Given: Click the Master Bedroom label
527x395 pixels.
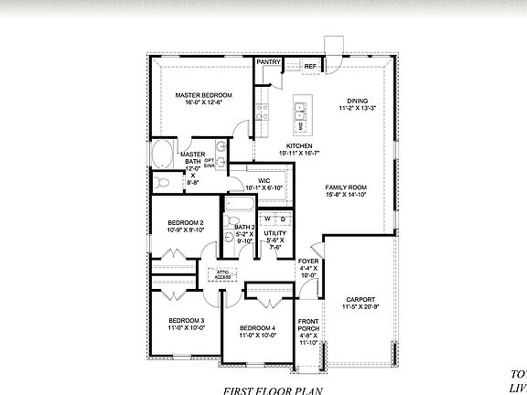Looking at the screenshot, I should tap(203, 95).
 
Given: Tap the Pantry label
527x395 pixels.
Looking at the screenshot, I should tap(268, 61).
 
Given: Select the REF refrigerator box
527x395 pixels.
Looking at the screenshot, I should tap(310, 67).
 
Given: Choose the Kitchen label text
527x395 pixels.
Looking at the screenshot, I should tap(299, 146).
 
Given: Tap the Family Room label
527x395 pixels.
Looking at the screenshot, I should tap(346, 187).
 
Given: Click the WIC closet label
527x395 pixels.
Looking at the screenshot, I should tap(263, 181).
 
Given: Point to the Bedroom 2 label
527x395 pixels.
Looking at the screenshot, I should tap(185, 222).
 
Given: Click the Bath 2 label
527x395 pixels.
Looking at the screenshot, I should tap(243, 227).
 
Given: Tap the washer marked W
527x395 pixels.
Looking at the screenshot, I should tap(268, 219).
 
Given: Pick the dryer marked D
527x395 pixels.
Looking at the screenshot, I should tap(283, 219).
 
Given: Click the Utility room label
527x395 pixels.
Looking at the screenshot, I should tap(275, 234).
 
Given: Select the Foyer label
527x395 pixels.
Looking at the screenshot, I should tap(309, 262).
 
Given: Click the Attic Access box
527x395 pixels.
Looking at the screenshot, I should tap(222, 273).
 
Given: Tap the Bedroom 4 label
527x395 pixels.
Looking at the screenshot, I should tap(257, 327).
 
